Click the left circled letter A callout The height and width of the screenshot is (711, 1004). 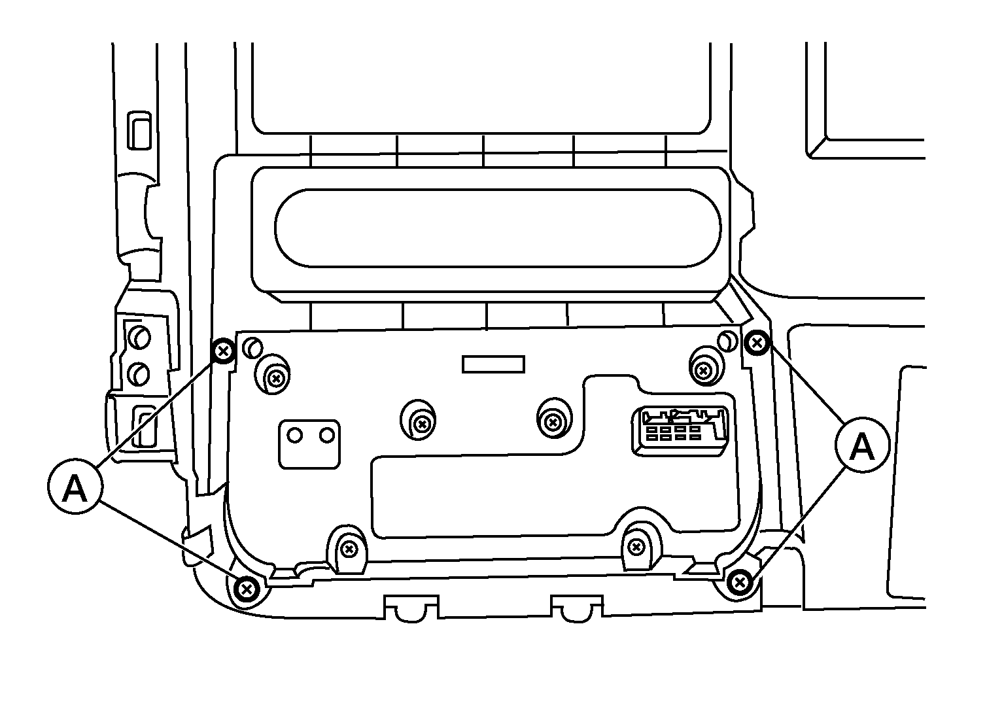[75, 486]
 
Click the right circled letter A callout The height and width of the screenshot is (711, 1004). [862, 445]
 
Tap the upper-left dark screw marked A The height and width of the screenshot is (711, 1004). [223, 351]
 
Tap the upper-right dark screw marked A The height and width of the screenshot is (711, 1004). [757, 343]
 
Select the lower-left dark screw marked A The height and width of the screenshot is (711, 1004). [247, 589]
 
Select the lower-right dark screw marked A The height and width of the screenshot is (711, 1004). [740, 583]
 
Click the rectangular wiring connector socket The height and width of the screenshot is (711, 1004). [680, 431]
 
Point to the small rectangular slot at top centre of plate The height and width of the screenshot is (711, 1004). [493, 364]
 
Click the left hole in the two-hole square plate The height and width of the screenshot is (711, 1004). [294, 435]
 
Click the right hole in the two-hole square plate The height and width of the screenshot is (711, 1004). [327, 435]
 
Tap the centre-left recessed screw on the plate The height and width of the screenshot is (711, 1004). [421, 423]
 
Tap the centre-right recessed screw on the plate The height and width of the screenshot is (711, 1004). [553, 422]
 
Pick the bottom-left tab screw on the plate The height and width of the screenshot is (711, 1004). [349, 549]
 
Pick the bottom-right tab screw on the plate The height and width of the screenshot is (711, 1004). [636, 546]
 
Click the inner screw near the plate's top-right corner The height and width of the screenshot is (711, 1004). [703, 371]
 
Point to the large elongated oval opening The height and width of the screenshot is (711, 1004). [498, 228]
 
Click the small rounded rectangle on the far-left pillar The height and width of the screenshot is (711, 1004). [139, 130]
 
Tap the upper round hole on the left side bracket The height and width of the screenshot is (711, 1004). [139, 337]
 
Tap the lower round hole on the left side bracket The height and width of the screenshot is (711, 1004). [139, 374]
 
